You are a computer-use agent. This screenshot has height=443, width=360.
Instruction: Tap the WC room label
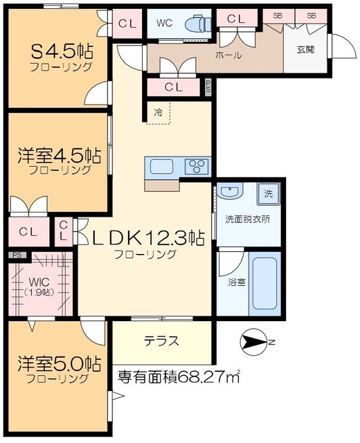click(x=164, y=23)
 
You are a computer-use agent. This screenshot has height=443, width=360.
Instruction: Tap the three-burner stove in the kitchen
click(x=196, y=166)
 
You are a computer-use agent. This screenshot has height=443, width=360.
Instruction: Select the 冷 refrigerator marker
click(x=158, y=111)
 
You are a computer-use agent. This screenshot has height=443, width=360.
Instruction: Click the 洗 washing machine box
click(x=269, y=193)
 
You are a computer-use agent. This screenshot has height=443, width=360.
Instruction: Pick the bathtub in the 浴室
click(x=264, y=285)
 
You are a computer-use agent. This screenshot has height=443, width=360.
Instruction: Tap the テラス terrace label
click(x=161, y=341)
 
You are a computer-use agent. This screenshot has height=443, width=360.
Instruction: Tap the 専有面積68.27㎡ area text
click(x=179, y=377)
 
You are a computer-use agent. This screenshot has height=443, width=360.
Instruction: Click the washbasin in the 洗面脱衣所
click(x=231, y=192)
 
